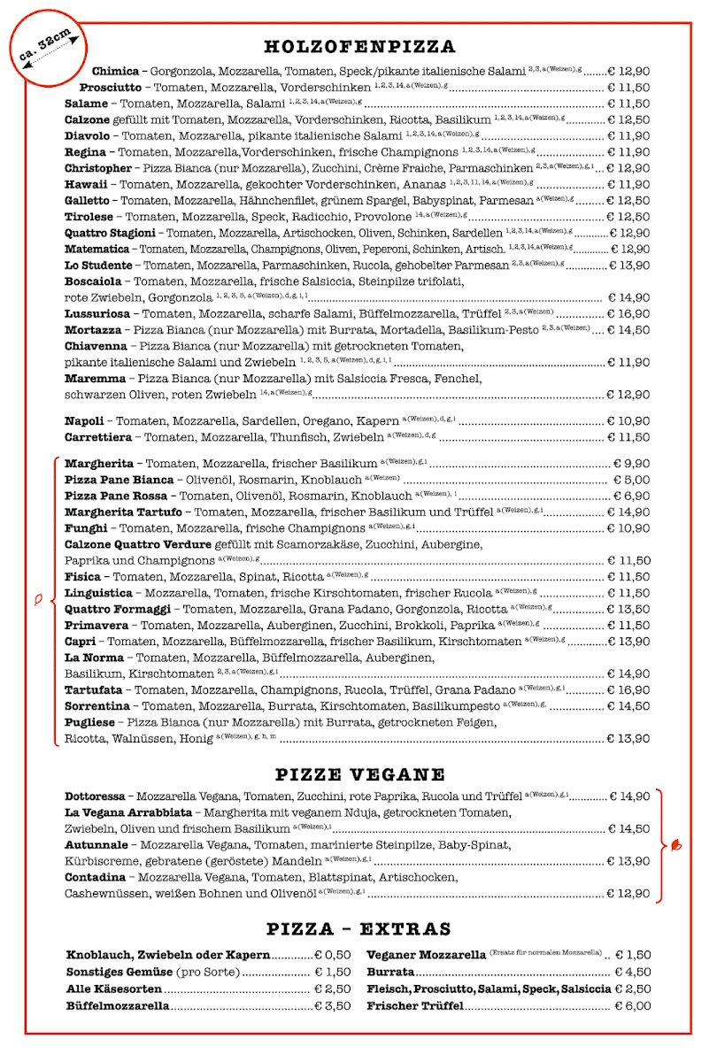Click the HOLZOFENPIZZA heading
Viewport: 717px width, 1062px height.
[x=359, y=47]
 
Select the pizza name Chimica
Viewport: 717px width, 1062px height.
[x=115, y=71]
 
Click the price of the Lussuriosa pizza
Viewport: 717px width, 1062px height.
[x=628, y=314]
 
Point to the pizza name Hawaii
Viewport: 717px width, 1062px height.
[x=87, y=184]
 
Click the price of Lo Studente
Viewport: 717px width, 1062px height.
[x=628, y=265]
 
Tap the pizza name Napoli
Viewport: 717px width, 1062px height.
[x=84, y=421]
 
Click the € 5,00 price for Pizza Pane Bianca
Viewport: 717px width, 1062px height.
[x=632, y=480]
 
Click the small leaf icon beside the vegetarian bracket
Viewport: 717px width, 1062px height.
[x=38, y=600]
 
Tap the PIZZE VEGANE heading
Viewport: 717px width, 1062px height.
[x=359, y=775]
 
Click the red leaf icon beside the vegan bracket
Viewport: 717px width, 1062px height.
[x=677, y=845]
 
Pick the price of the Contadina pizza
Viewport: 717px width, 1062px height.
[x=628, y=894]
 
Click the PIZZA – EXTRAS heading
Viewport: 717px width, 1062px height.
[x=359, y=929]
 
